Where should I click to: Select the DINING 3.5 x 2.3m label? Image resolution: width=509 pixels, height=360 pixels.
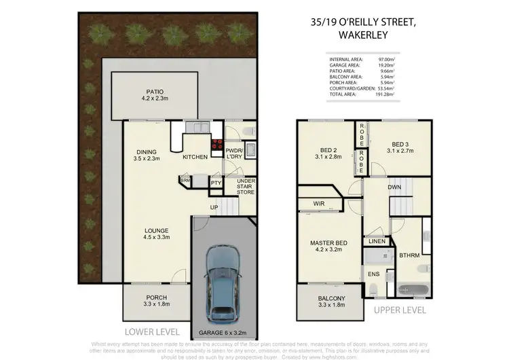tap(147, 155)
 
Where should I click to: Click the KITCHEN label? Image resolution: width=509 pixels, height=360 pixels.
tap(195, 158)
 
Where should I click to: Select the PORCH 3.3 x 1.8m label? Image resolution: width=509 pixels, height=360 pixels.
tap(156, 302)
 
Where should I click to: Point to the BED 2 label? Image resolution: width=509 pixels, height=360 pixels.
tap(328, 154)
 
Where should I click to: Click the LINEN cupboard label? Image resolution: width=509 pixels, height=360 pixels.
tap(377, 242)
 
